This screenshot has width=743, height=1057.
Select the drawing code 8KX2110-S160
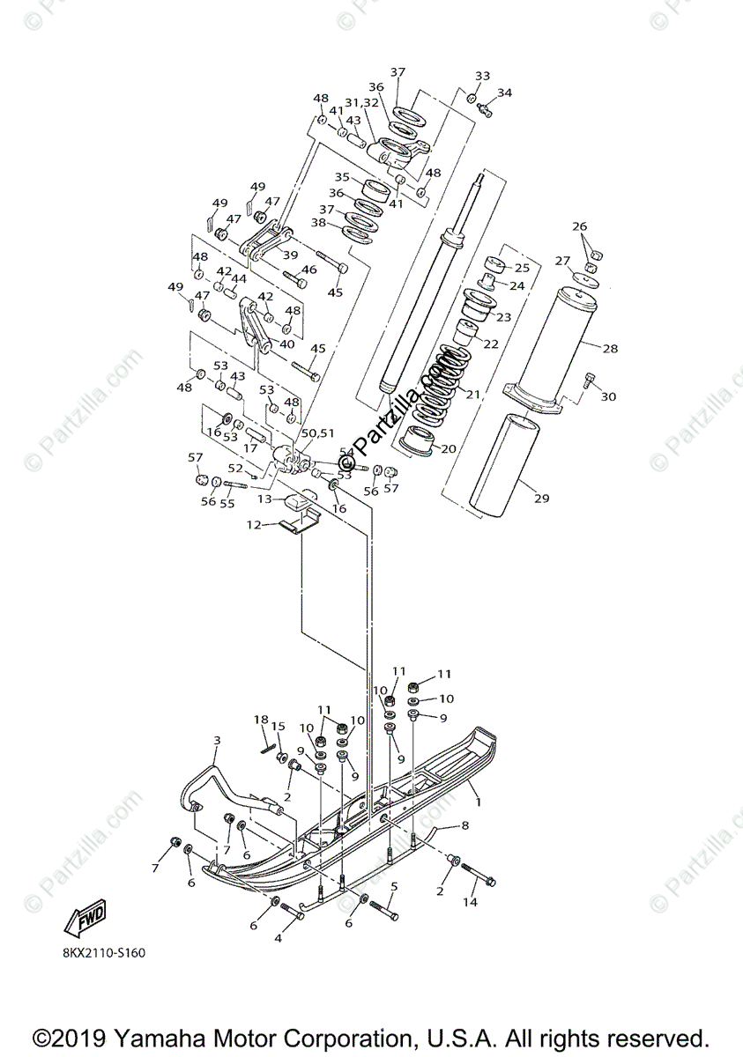click(103, 952)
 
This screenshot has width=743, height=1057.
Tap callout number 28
click(610, 348)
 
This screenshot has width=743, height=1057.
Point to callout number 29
click(541, 499)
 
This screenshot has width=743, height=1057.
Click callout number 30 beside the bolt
click(608, 396)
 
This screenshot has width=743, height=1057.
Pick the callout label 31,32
click(361, 102)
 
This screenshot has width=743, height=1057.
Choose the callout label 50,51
click(317, 433)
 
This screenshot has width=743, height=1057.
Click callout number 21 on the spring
click(472, 394)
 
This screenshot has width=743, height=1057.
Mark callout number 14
click(470, 902)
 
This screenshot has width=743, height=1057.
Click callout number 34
click(504, 92)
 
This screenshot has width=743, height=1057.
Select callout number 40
click(286, 344)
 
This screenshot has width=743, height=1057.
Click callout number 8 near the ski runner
click(464, 825)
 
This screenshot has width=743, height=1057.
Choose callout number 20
click(449, 448)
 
